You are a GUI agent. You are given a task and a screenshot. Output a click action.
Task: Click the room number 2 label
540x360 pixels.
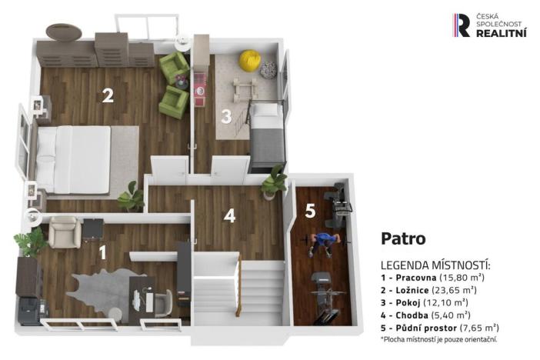(108, 95)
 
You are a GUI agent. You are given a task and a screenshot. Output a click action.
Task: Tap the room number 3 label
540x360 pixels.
(226, 117)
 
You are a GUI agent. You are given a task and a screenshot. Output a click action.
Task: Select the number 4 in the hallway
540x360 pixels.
(229, 216)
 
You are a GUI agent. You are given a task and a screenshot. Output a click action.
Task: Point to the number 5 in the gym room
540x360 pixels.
(309, 211)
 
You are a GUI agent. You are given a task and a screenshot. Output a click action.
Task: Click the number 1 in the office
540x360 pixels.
(103, 252)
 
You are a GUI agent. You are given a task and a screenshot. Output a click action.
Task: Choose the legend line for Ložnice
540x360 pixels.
(428, 290)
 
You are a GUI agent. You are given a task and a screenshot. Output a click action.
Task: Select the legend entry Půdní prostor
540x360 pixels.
(439, 327)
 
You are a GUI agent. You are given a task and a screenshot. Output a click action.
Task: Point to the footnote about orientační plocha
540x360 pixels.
(438, 339)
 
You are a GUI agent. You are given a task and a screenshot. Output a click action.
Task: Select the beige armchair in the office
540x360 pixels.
(62, 232)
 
